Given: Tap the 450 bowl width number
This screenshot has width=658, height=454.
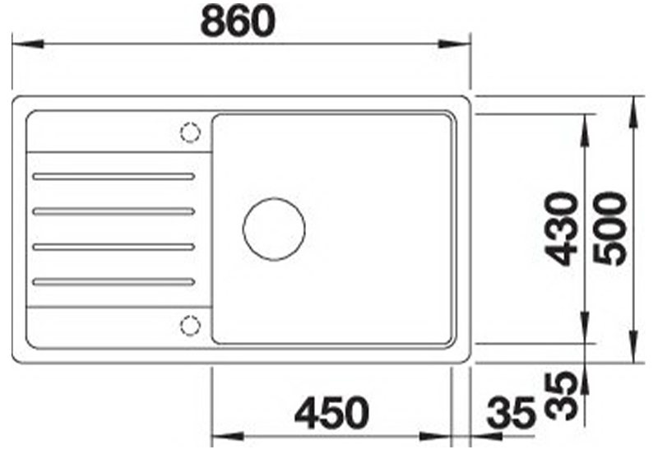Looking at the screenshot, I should pos(332,413).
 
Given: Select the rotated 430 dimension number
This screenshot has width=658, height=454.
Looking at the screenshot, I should pos(563,228).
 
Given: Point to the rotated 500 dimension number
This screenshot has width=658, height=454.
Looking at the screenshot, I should pos(611,228).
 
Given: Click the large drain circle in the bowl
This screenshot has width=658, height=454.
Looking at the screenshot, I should pos(274,228).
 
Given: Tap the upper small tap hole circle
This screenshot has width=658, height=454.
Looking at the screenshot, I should pos(190,132).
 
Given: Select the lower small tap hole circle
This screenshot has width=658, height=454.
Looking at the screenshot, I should pos(190,325).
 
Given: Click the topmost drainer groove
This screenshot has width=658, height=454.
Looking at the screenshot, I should pos(113,176).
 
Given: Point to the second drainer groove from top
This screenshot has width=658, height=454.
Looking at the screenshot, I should pos(113,211).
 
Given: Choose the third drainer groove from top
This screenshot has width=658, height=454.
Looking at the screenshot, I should pos(113,246).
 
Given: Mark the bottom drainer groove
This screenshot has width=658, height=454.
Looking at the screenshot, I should pos(113,282).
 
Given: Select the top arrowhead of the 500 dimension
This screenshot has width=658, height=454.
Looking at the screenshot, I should pos(633,107).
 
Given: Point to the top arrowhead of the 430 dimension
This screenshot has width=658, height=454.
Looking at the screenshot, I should pos(586,124).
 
